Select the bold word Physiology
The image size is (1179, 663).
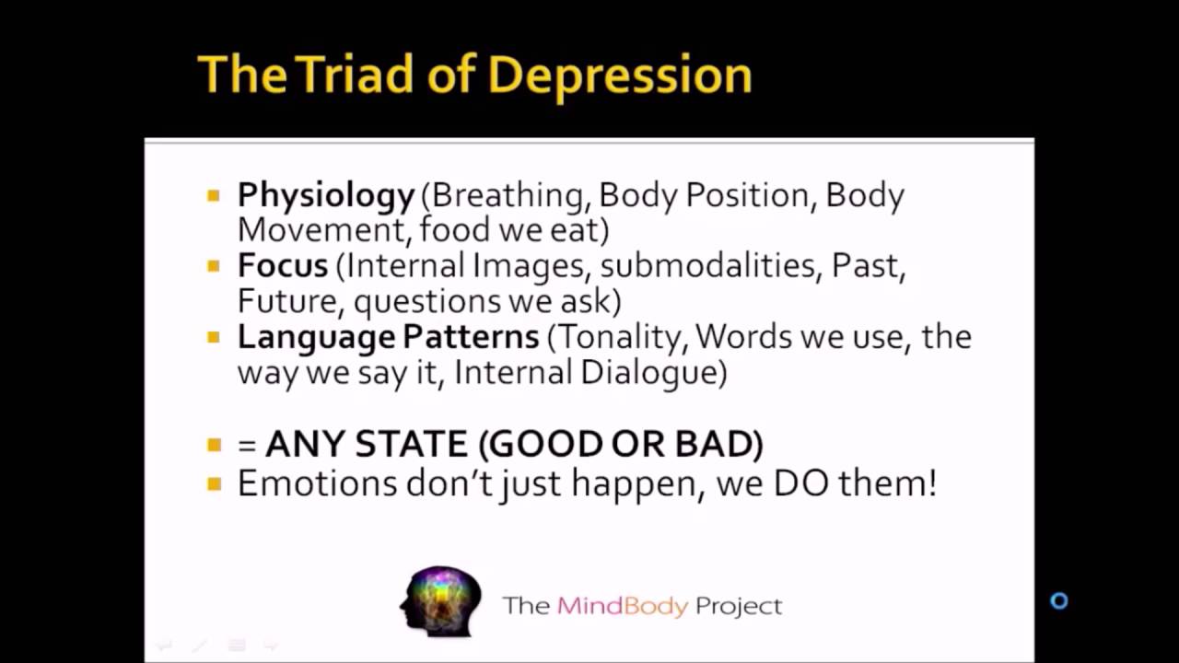click(326, 196)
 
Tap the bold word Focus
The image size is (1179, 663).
click(282, 266)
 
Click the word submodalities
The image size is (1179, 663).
click(710, 266)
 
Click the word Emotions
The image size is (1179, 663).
click(317, 483)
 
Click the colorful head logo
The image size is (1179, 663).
click(441, 601)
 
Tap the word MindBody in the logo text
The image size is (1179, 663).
click(622, 606)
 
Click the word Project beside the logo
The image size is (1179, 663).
click(739, 606)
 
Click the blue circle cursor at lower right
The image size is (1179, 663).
click(1059, 601)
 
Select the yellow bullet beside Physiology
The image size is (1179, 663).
click(214, 195)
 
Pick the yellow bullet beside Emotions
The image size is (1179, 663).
click(214, 483)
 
